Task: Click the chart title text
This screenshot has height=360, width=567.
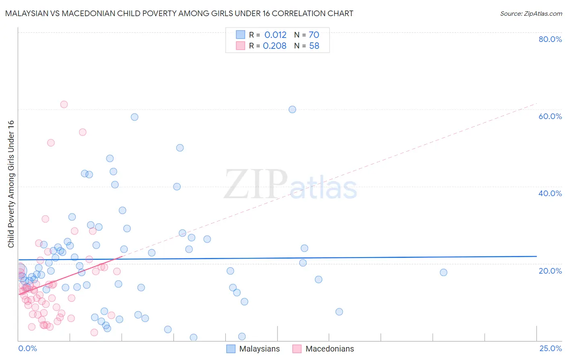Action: pos(179,13)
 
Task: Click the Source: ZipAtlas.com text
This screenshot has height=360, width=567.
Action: pos(531,13)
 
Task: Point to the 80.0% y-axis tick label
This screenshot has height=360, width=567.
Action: pos(550,39)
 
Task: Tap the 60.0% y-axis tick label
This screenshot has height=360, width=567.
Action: pos(550,116)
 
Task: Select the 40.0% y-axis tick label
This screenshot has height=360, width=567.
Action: pos(550,193)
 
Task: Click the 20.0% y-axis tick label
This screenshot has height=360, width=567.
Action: pos(550,271)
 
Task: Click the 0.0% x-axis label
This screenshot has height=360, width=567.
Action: pos(27,348)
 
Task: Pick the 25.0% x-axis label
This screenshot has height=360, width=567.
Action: pos(550,348)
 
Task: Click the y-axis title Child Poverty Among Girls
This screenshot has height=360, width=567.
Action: pos(11,184)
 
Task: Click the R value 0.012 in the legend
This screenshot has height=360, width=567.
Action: pos(275,35)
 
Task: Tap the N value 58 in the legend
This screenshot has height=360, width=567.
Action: pos(314,46)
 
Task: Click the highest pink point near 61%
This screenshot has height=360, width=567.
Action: pos(64,105)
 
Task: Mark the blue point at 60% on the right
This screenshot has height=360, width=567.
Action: pos(292,109)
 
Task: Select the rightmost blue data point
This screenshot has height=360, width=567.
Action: pos(444,272)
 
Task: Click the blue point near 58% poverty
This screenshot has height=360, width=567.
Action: pos(135,117)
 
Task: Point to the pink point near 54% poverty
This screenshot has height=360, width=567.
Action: pos(83,132)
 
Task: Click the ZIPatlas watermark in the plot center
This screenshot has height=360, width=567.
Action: pos(290,185)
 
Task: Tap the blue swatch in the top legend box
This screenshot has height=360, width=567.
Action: pos(240,35)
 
